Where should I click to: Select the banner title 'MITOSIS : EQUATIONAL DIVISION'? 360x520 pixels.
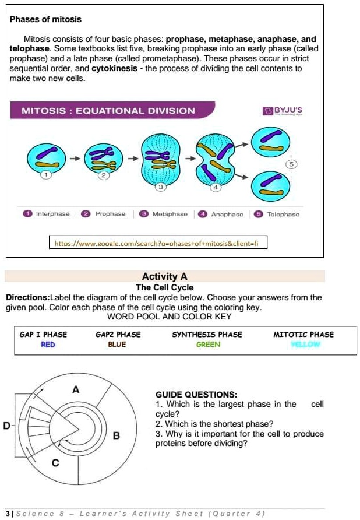click(x=108, y=111)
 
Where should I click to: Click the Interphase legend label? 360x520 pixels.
click(x=52, y=214)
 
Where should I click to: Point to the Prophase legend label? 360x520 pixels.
click(x=110, y=214)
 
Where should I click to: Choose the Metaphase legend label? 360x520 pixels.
click(x=170, y=214)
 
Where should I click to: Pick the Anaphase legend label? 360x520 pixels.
click(x=227, y=215)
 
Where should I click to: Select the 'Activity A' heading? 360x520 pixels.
click(x=164, y=276)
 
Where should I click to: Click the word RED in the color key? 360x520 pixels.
click(x=48, y=345)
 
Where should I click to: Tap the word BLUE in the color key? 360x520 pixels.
click(x=117, y=345)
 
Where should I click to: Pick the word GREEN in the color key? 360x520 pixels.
click(x=208, y=345)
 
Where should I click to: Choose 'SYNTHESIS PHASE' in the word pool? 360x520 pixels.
click(x=207, y=335)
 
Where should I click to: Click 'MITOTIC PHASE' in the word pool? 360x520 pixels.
click(x=303, y=335)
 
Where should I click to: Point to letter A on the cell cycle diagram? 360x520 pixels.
click(x=75, y=389)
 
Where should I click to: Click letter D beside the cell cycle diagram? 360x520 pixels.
click(x=6, y=425)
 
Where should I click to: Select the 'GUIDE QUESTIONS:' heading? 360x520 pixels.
click(x=188, y=395)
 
